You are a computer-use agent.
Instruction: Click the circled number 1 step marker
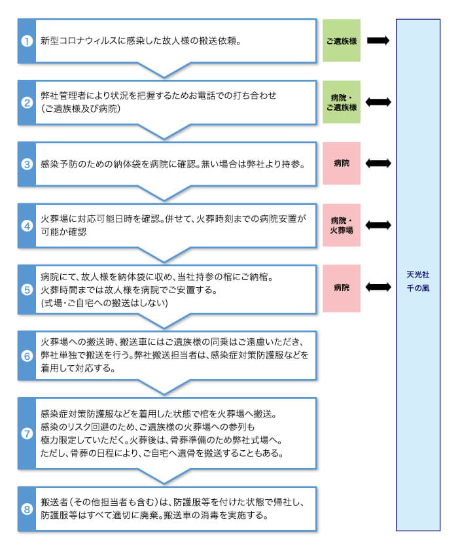click(x=27, y=41)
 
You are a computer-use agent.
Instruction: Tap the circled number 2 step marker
click(x=27, y=102)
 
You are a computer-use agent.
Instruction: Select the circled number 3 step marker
click(x=27, y=164)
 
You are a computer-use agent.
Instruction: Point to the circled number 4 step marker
click(x=27, y=226)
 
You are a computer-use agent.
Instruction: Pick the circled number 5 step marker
click(x=27, y=287)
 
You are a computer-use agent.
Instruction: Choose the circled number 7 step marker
click(x=27, y=433)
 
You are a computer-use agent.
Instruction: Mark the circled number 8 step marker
click(x=27, y=508)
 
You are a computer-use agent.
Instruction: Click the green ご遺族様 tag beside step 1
click(x=341, y=41)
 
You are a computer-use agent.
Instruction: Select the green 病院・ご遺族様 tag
click(x=341, y=102)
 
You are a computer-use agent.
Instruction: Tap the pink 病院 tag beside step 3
click(x=341, y=163)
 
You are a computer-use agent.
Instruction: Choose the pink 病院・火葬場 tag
click(x=341, y=225)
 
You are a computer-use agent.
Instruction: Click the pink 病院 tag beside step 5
click(x=341, y=287)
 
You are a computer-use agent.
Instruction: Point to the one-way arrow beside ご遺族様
click(x=378, y=41)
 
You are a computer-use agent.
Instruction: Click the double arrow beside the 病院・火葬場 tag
click(x=378, y=225)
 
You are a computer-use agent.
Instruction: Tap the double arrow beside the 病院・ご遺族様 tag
click(x=378, y=102)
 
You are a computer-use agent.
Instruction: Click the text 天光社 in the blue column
click(x=417, y=274)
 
